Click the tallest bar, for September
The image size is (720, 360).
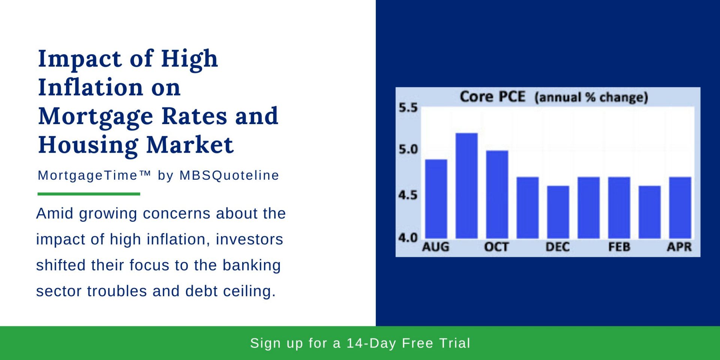[x=466, y=186]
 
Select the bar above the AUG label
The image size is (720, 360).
[x=436, y=199]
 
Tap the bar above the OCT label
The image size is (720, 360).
[x=497, y=194]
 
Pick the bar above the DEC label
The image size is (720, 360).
[x=558, y=212]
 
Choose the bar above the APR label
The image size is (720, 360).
[x=680, y=207]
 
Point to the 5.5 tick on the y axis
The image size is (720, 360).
[x=408, y=108]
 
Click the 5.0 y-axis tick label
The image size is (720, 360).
[x=408, y=150]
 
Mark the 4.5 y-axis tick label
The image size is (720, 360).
[x=408, y=195]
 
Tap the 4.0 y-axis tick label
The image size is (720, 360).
[x=408, y=238]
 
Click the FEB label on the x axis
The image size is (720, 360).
[x=619, y=247]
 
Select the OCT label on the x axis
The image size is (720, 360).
[x=496, y=247]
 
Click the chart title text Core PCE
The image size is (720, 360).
[x=492, y=97]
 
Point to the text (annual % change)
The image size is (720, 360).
[x=591, y=97]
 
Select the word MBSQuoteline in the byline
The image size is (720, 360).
[x=229, y=175]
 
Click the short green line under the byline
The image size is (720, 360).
[x=89, y=194]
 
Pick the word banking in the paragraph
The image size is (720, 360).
[x=251, y=265]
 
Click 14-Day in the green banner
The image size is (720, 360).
[x=371, y=343]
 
